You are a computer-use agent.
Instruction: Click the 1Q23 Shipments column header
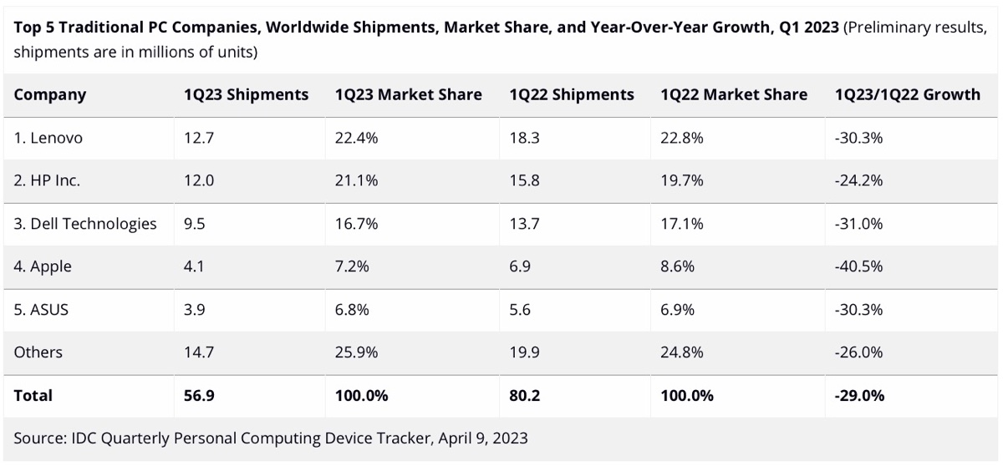[246, 94]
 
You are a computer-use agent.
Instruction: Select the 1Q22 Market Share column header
[733, 94]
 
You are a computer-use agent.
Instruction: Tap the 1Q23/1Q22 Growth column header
[907, 94]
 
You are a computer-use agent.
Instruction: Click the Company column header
[49, 94]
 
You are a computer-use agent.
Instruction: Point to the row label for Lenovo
[48, 138]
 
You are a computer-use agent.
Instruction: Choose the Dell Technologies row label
[85, 223]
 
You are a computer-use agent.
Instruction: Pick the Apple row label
[43, 266]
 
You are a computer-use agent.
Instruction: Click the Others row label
[38, 352]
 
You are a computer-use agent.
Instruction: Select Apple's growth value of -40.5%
[858, 266]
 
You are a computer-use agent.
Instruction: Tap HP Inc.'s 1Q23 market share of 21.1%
[356, 180]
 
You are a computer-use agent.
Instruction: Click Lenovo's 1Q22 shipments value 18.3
[523, 138]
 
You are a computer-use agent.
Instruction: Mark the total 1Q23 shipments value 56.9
[199, 395]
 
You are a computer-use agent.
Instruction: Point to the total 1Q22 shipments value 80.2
[524, 395]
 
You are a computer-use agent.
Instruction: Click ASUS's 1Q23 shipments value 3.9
[195, 309]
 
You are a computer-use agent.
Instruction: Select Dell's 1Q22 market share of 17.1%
[681, 223]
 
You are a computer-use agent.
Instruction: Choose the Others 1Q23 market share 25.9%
[357, 352]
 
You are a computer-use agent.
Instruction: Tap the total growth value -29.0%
[859, 395]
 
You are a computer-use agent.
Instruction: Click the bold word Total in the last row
[33, 395]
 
